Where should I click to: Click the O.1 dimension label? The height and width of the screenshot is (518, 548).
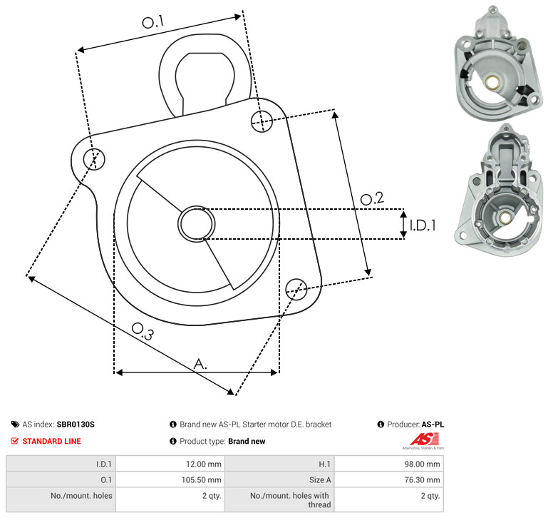pyautogui.click(x=153, y=22)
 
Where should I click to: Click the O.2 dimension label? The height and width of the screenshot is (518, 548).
pyautogui.click(x=372, y=198)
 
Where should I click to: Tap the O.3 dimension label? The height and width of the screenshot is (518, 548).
pyautogui.click(x=143, y=331)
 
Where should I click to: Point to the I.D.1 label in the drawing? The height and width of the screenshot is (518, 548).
pyautogui.click(x=423, y=225)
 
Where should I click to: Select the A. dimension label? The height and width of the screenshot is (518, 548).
pyautogui.click(x=200, y=364)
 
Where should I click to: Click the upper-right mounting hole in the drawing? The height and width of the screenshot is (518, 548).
pyautogui.click(x=262, y=121)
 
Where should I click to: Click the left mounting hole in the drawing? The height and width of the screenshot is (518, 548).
pyautogui.click(x=94, y=159)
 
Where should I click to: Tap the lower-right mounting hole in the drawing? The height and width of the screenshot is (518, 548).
pyautogui.click(x=296, y=289)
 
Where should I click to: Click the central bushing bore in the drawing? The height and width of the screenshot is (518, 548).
pyautogui.click(x=197, y=224)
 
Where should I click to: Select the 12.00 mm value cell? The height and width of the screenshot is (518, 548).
pyautogui.click(x=170, y=464)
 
